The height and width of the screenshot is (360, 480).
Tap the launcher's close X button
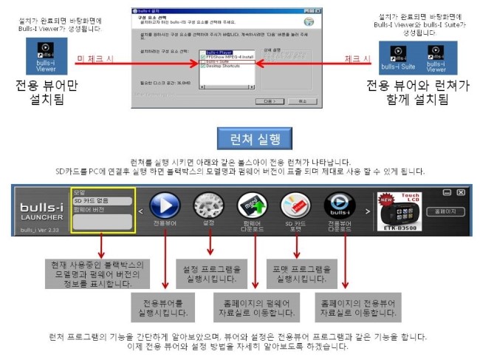(x=461, y=192)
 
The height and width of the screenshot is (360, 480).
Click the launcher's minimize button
(x=446, y=192)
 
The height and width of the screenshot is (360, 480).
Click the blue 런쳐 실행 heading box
(x=255, y=139)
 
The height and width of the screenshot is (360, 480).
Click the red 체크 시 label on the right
(x=357, y=57)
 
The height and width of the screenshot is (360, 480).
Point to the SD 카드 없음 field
(x=102, y=201)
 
